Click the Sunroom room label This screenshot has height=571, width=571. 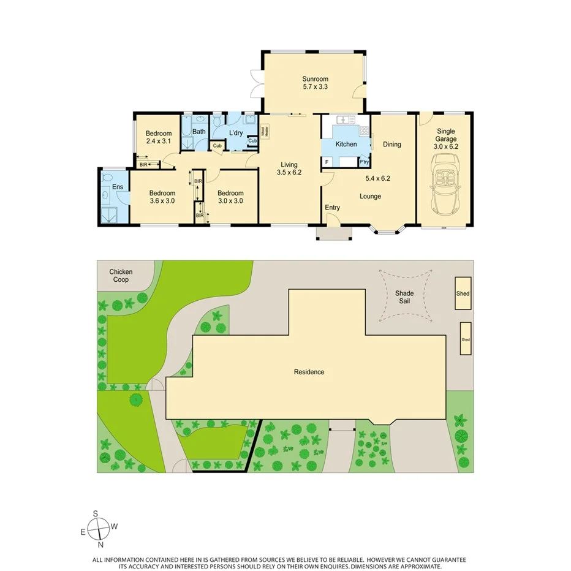point(315,78)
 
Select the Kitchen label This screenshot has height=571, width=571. point(346,144)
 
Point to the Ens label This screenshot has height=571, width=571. point(118,186)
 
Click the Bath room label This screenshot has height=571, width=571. point(199,131)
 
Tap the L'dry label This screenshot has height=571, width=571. point(236,132)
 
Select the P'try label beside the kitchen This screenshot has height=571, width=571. point(364,162)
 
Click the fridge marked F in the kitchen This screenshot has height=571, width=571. point(327,162)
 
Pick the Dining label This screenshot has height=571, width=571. point(392,145)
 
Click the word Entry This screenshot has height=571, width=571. point(332,207)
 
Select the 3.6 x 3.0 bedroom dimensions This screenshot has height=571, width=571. point(162,200)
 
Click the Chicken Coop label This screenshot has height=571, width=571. point(121,276)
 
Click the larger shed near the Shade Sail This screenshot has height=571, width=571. point(463,293)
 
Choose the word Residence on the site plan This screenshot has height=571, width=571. point(309,372)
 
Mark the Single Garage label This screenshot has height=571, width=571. point(446,135)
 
